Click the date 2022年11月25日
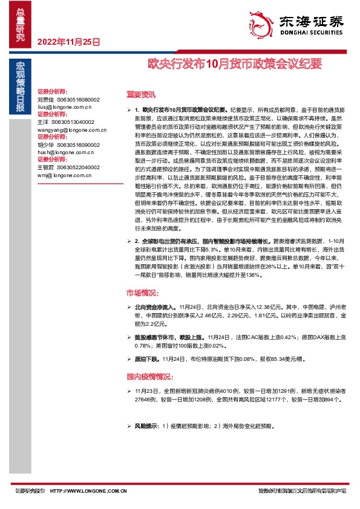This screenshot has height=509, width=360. [x=68, y=42]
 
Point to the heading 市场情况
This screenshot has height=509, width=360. [x=141, y=293]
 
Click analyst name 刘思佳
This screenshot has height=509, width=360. [x=45, y=99]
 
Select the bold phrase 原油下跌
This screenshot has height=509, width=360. [x=148, y=358]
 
